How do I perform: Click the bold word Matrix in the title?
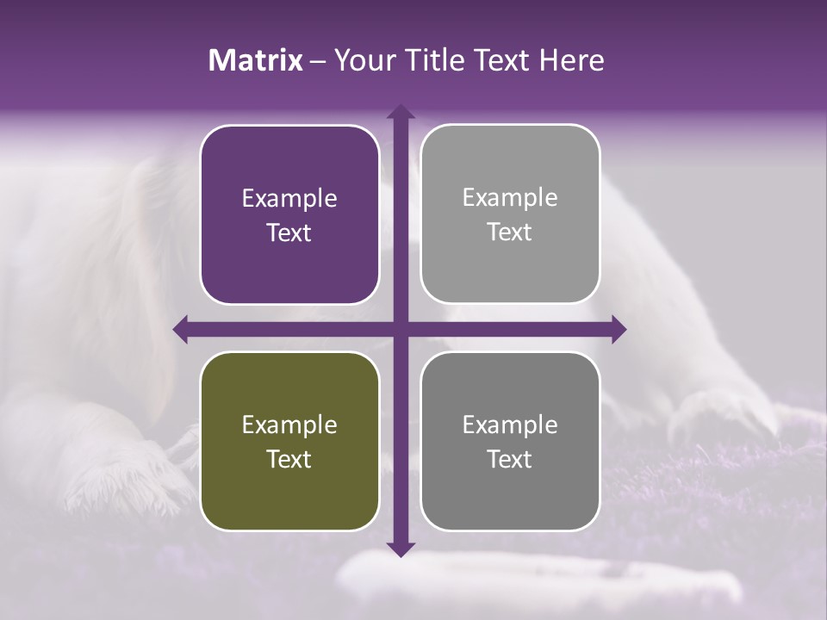[256, 60]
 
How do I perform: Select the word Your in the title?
[362, 60]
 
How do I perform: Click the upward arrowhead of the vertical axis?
[400, 113]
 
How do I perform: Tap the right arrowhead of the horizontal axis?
[618, 329]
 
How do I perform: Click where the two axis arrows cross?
[400, 329]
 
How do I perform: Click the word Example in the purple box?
[289, 199]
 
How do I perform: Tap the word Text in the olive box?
[289, 459]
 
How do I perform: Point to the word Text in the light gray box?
[510, 232]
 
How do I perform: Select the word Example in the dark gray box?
[510, 425]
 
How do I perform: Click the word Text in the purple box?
[289, 232]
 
